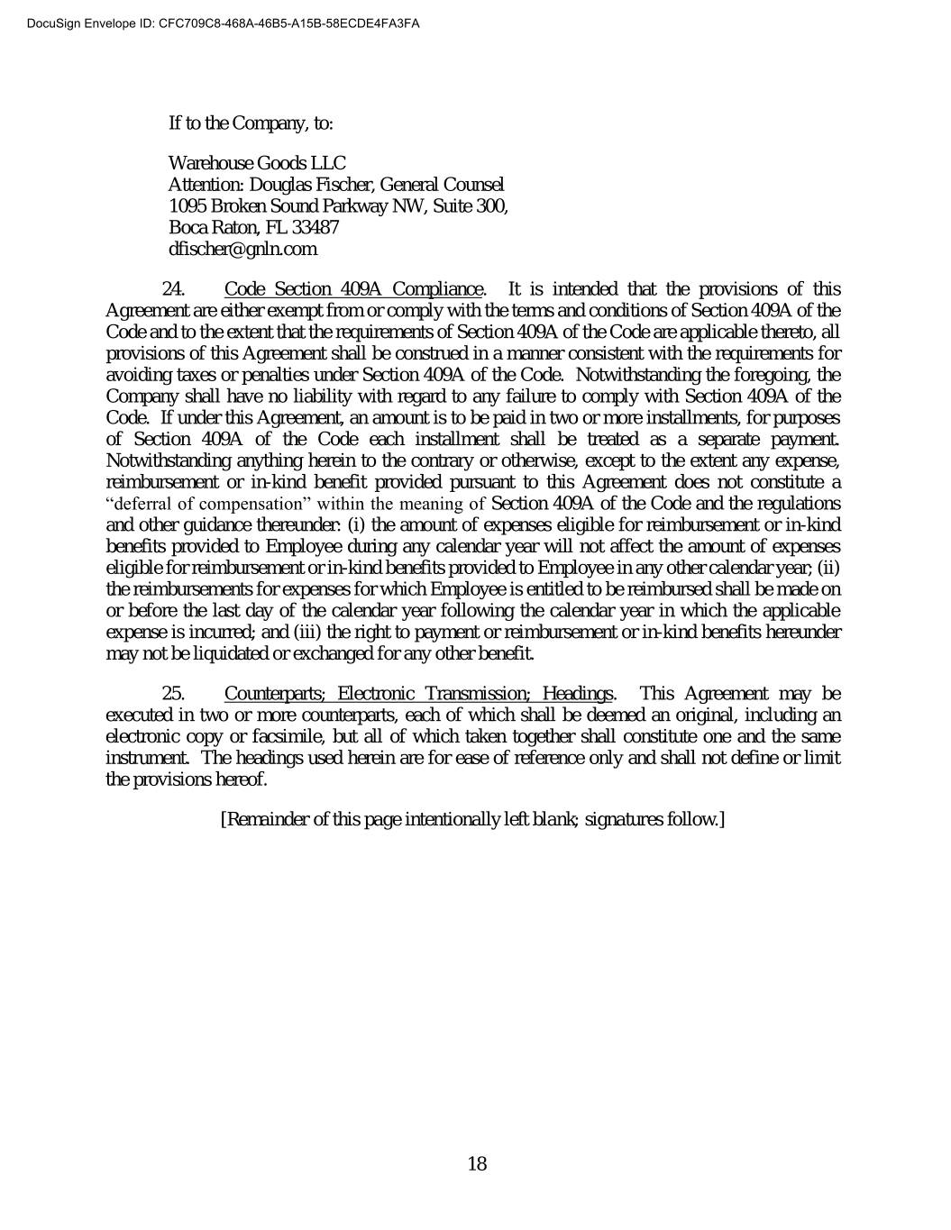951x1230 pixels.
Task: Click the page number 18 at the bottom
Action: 477,1164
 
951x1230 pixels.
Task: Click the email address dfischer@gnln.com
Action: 242,250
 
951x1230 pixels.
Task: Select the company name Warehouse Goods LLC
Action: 257,163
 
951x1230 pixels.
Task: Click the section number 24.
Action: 174,289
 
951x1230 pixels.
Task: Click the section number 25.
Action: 174,694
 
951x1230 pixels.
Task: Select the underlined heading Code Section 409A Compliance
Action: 353,289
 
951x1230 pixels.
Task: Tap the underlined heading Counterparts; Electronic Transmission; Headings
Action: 419,694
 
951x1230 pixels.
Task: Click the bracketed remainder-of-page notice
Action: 473,819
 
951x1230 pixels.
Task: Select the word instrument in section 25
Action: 145,758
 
